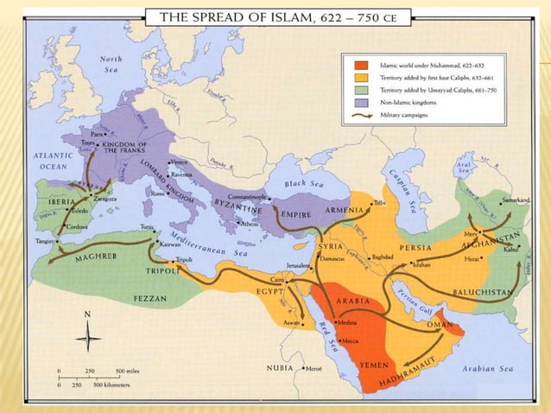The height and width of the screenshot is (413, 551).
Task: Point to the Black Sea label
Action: pyautogui.click(x=308, y=184)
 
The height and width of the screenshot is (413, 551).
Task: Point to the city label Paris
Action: pyautogui.click(x=98, y=134)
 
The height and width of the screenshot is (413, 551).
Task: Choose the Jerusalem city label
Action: pyautogui.click(x=291, y=266)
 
